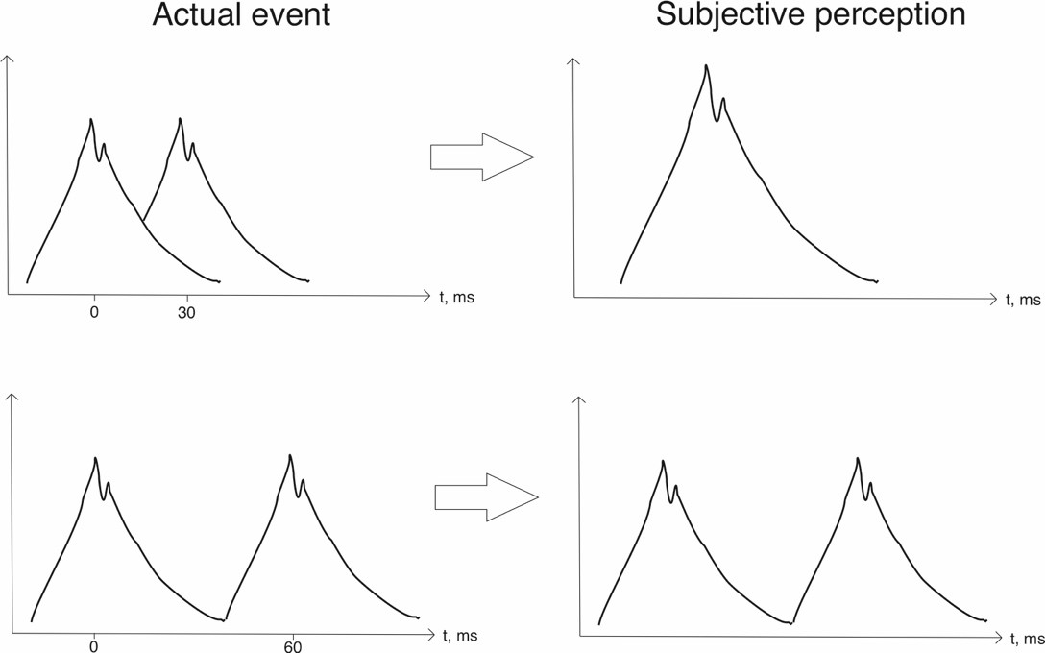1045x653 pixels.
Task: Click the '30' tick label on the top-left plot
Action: click(186, 314)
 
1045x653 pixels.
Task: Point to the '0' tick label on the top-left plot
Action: click(94, 314)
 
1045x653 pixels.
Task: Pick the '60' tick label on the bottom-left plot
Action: click(292, 646)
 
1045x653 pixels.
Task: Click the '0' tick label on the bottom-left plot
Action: click(94, 646)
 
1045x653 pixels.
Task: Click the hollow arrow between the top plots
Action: click(481, 157)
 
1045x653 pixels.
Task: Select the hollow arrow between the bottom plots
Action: click(486, 497)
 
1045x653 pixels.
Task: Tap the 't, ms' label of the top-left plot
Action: click(457, 298)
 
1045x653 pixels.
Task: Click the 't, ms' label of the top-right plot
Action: click(1023, 301)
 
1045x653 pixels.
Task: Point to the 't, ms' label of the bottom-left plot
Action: click(460, 635)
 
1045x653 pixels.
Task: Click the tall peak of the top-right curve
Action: click(706, 66)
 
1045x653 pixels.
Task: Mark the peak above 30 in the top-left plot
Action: click(180, 119)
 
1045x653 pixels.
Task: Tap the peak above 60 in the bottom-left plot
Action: click(290, 455)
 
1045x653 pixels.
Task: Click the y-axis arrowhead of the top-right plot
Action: click(573, 61)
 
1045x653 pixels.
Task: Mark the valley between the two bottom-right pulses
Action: click(791, 622)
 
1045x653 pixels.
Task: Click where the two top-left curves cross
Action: click(142, 222)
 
